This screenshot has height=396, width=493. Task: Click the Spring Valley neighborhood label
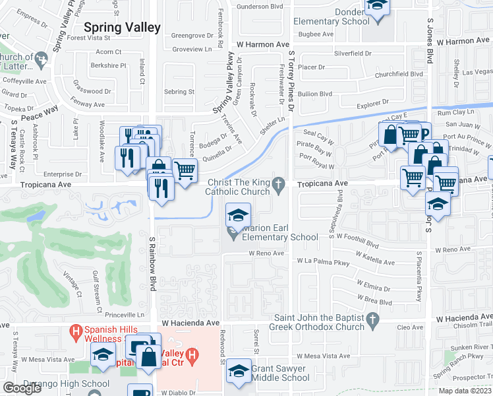click(x=123, y=27)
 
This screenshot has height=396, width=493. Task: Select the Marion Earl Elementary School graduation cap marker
click(x=238, y=214)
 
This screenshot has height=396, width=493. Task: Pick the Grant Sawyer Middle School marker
click(x=238, y=371)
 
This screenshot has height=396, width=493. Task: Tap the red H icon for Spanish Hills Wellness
click(x=76, y=330)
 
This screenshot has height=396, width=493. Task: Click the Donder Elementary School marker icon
click(x=377, y=5)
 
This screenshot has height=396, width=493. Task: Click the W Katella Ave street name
click(x=376, y=261)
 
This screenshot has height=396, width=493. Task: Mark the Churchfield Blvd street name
click(x=399, y=74)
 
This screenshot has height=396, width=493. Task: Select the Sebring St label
click(x=179, y=92)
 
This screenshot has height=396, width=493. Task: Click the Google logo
click(x=22, y=388)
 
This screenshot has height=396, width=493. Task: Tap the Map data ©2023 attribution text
click(x=465, y=391)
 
